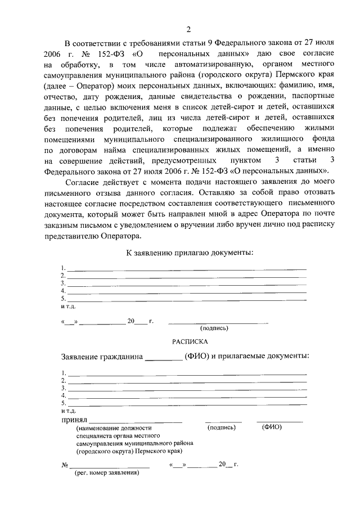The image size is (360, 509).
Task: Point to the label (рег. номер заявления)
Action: click(x=107, y=472)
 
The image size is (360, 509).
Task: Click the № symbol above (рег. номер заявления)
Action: click(x=64, y=465)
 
